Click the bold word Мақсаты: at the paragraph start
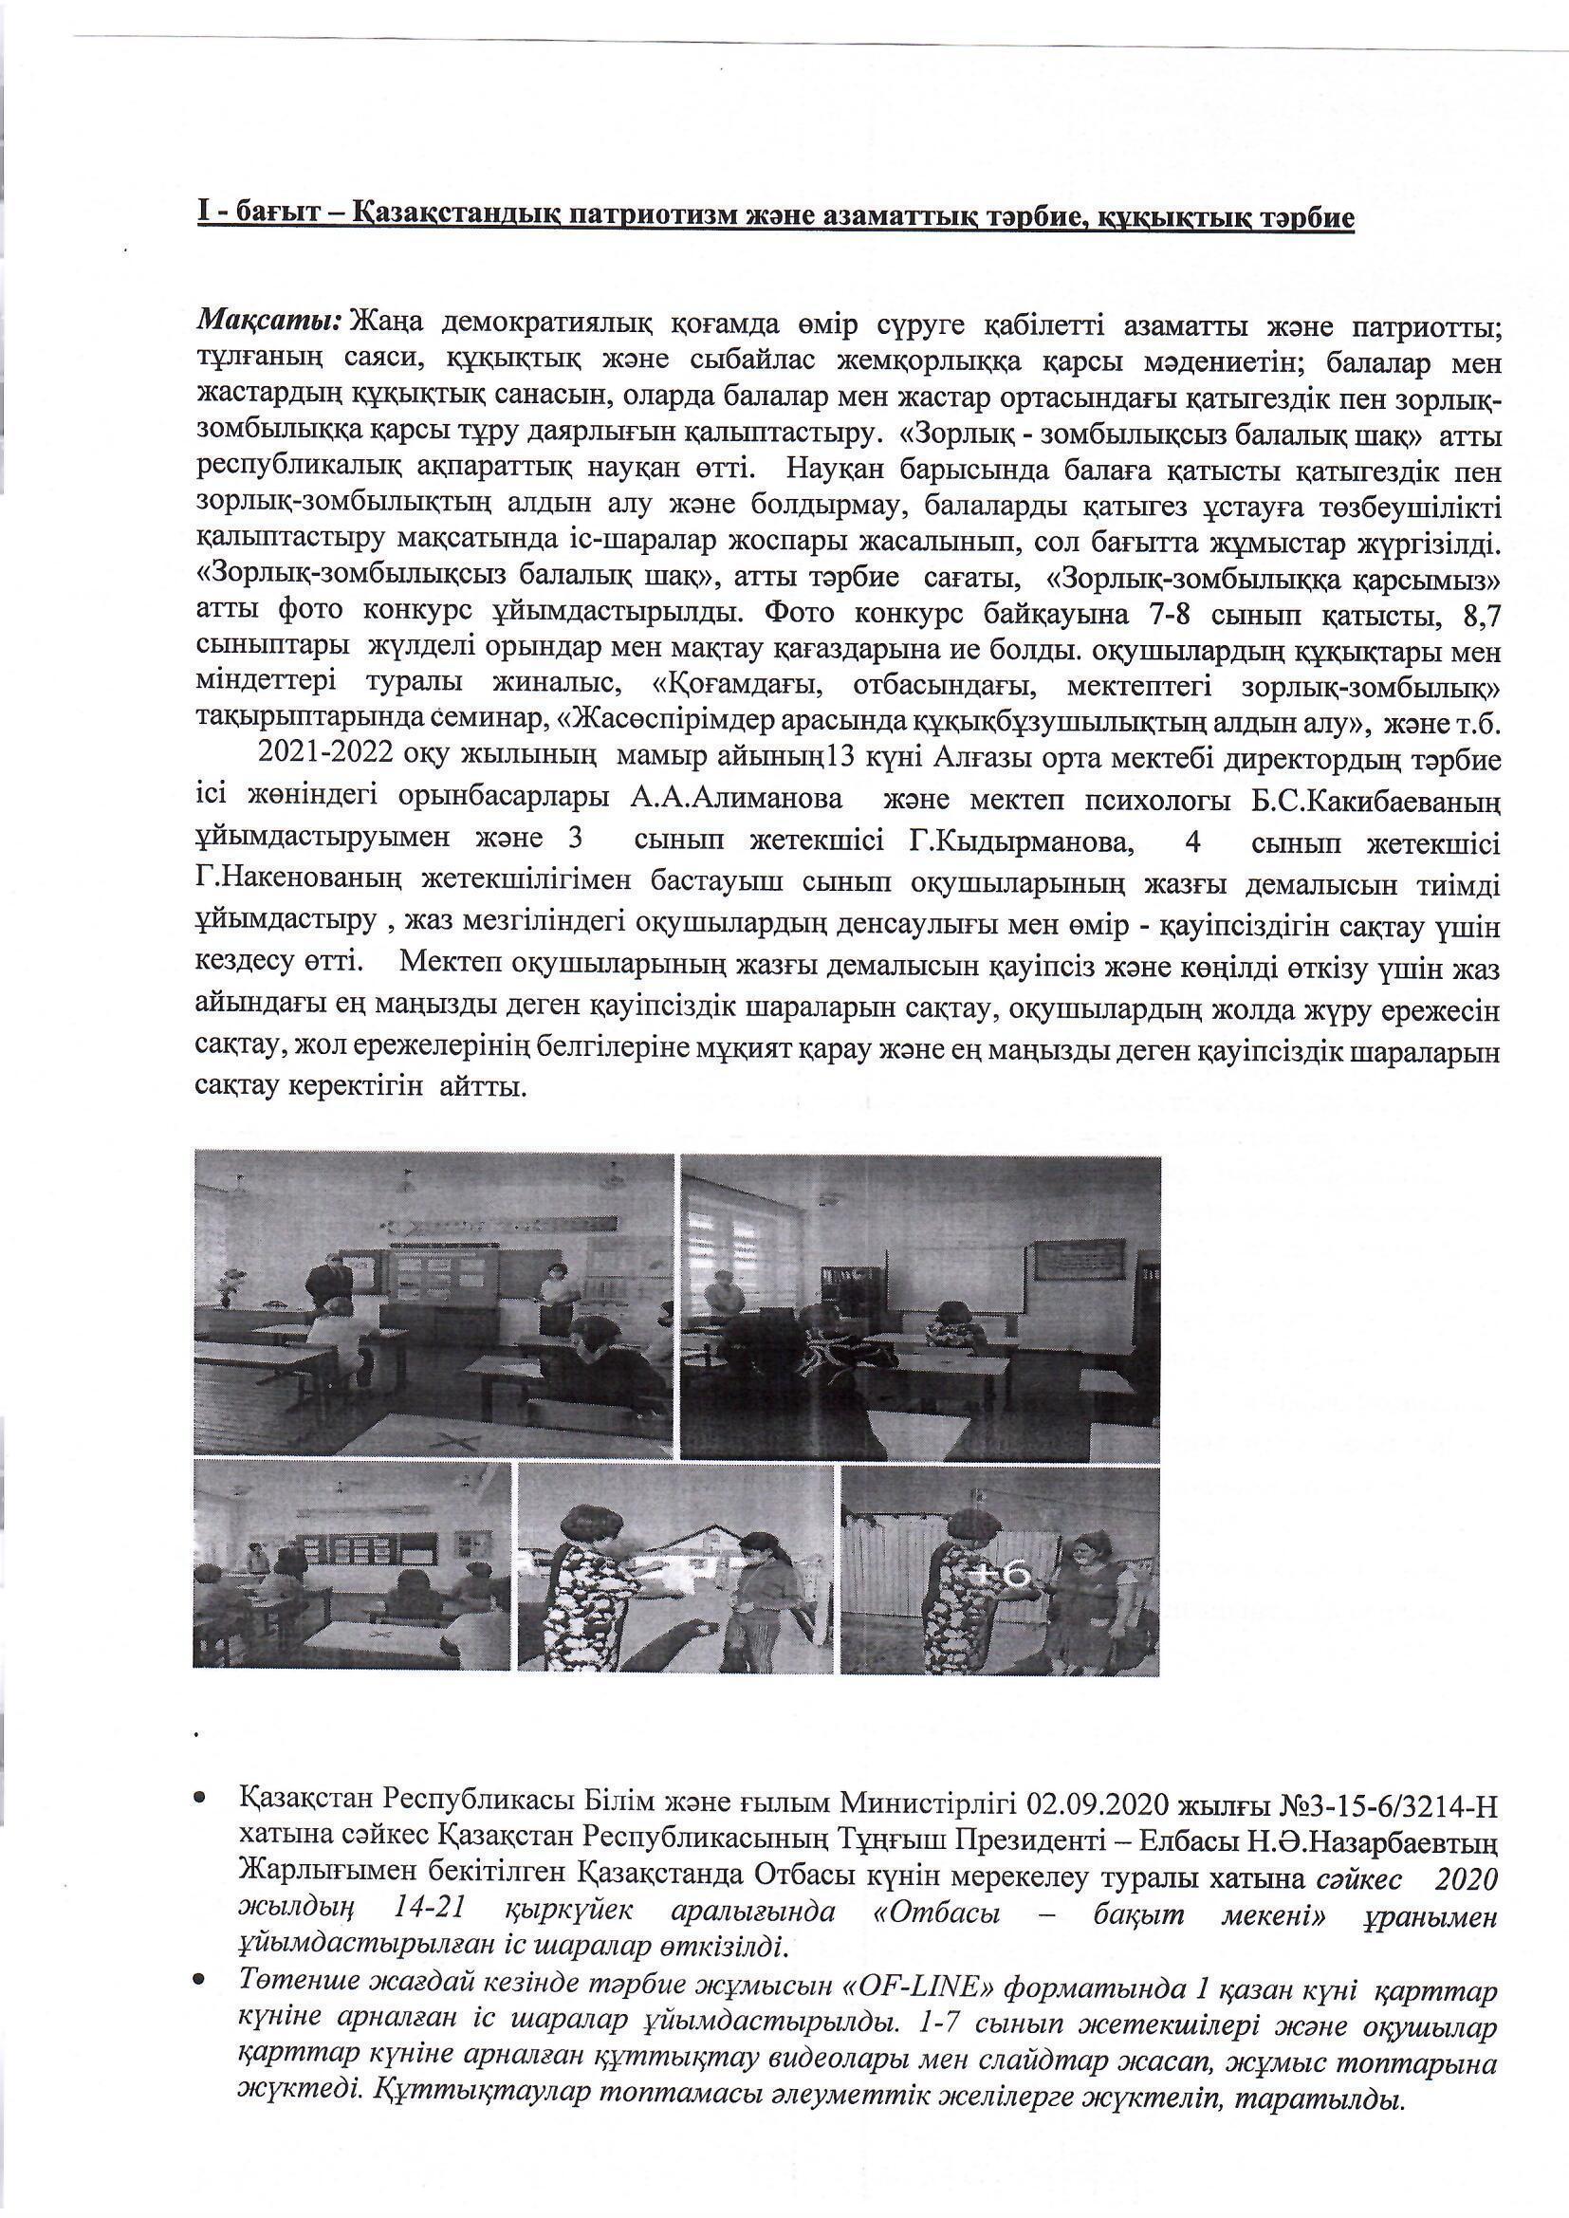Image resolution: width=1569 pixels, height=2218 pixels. (272, 320)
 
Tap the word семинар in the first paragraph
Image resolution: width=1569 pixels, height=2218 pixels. (499, 723)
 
